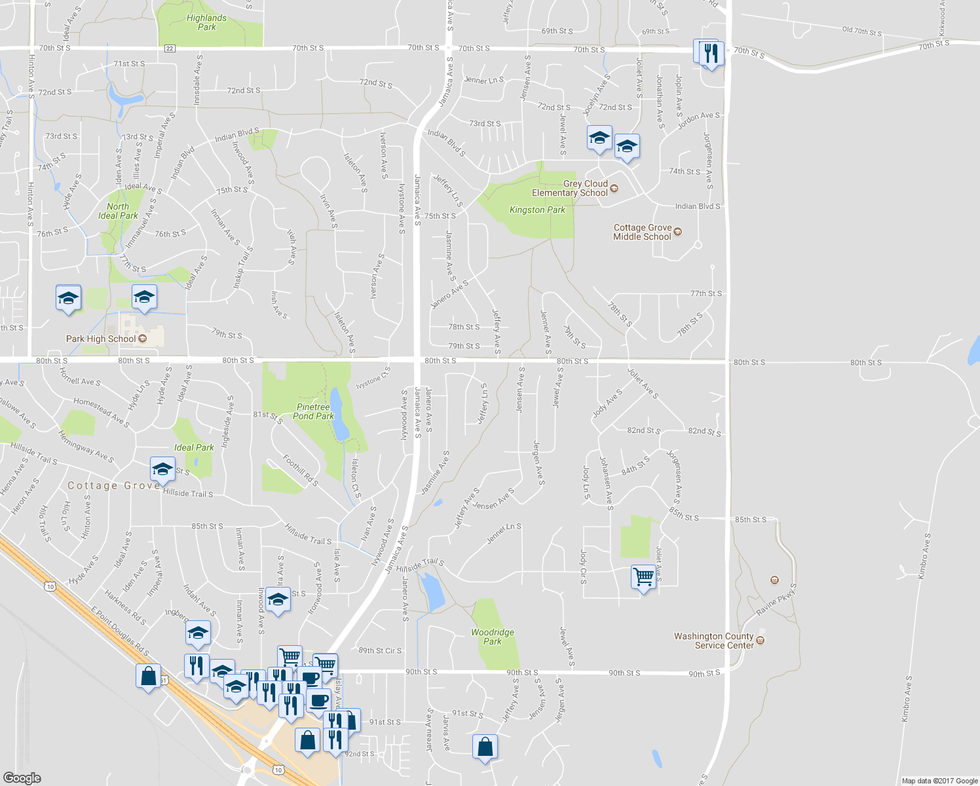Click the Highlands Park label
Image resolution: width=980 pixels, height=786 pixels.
pos(206,23)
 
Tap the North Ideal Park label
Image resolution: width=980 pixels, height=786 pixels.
pos(118,211)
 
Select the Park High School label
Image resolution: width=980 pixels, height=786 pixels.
pos(101,339)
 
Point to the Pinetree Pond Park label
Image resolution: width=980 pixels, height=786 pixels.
pos(313,411)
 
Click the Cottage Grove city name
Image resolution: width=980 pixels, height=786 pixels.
pos(113,485)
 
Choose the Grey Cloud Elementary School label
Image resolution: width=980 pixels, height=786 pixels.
pos(570,189)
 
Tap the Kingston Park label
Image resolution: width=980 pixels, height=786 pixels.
pos(537,210)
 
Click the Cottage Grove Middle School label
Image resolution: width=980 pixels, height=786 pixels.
pos(642,233)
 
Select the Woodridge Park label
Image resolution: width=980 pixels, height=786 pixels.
pos(493,637)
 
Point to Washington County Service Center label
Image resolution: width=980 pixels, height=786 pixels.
pos(714,641)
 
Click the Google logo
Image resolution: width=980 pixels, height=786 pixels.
pos(22,777)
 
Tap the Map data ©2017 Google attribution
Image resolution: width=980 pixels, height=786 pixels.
pos(939,781)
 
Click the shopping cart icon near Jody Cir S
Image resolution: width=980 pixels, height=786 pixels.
pos(644,577)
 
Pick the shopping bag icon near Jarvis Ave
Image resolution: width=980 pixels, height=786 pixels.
pos(485,747)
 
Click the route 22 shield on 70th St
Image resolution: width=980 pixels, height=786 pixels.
pos(170,48)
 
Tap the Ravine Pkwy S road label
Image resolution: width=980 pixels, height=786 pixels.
pos(776,600)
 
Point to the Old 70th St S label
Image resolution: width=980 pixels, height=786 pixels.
pos(861,31)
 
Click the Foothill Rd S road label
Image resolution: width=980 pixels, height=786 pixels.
pos(301,471)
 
